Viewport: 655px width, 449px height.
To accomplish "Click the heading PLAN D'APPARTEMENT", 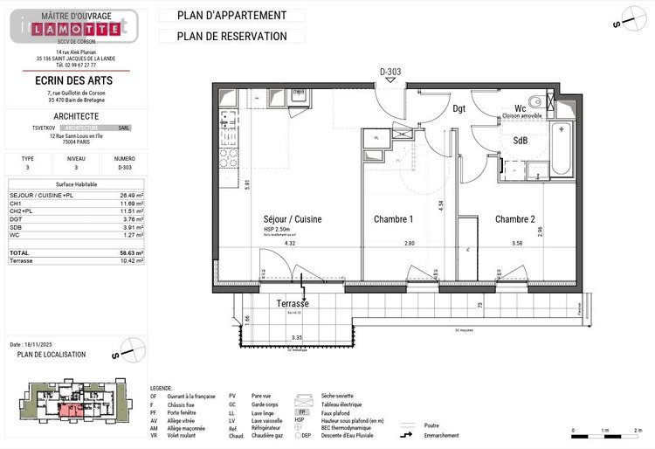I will pyautogui.click(x=231, y=16).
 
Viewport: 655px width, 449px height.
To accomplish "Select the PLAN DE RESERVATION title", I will pyautogui.click(x=231, y=37).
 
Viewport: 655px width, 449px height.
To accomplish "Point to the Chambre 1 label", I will pyautogui.click(x=393, y=219).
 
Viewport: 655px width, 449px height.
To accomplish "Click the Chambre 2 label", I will pyautogui.click(x=514, y=219).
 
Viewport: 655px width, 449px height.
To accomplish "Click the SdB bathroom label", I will pyautogui.click(x=520, y=141).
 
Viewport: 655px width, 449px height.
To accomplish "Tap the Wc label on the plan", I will pyautogui.click(x=520, y=109).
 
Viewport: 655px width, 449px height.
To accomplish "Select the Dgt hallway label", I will pyautogui.click(x=459, y=109).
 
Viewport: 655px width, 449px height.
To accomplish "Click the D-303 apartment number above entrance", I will pyautogui.click(x=390, y=72).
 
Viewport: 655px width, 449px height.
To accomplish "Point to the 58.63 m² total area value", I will pyautogui.click(x=132, y=252).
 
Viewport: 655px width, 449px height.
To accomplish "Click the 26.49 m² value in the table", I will pyautogui.click(x=131, y=195).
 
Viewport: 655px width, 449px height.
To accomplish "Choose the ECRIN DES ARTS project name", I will pyautogui.click(x=76, y=81).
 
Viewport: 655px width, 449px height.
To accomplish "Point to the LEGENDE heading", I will pyautogui.click(x=161, y=387).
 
